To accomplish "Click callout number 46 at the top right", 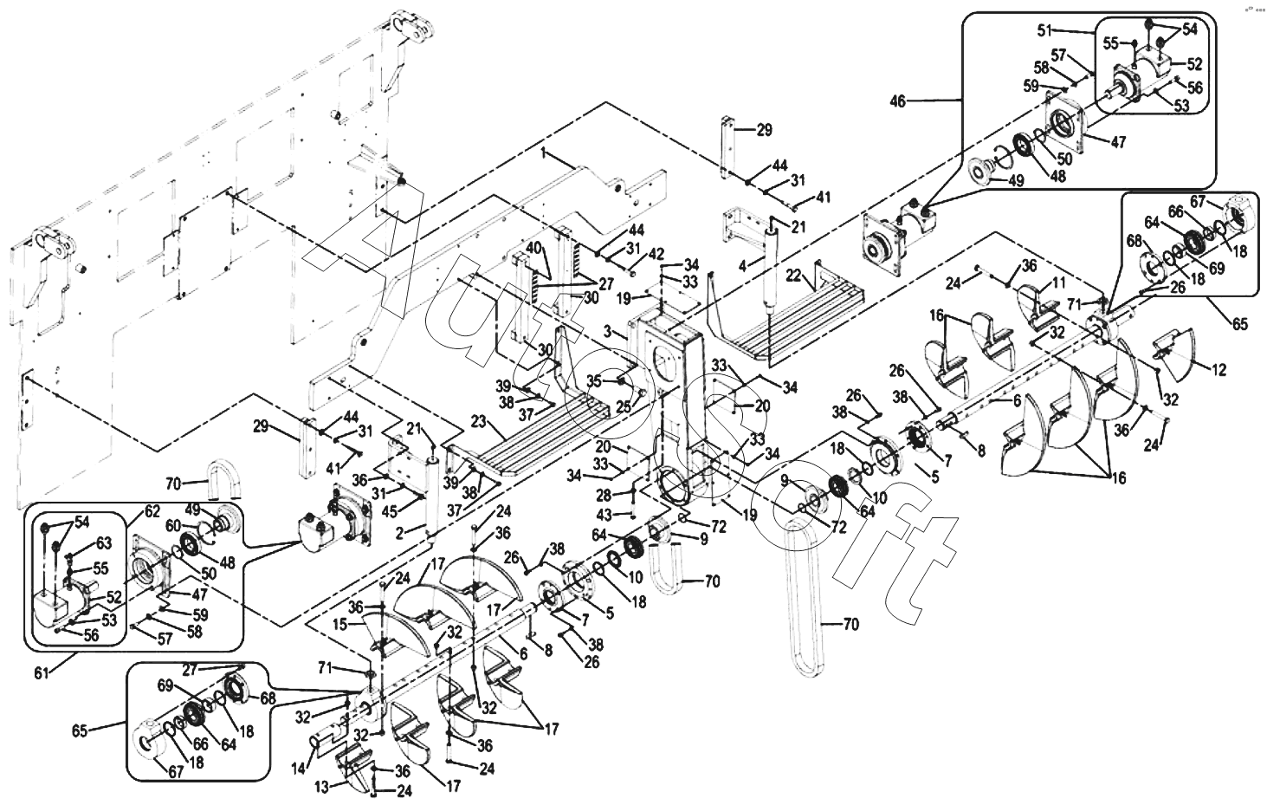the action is [x=898, y=102].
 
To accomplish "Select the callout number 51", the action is [x=1045, y=30].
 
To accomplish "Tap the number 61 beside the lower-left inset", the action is [x=42, y=673].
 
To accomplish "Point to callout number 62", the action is [x=152, y=511].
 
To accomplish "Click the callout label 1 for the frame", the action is [x=544, y=153].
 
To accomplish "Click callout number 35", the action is [x=594, y=380].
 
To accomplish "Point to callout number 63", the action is [x=103, y=543].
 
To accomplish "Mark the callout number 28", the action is [x=604, y=496].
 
